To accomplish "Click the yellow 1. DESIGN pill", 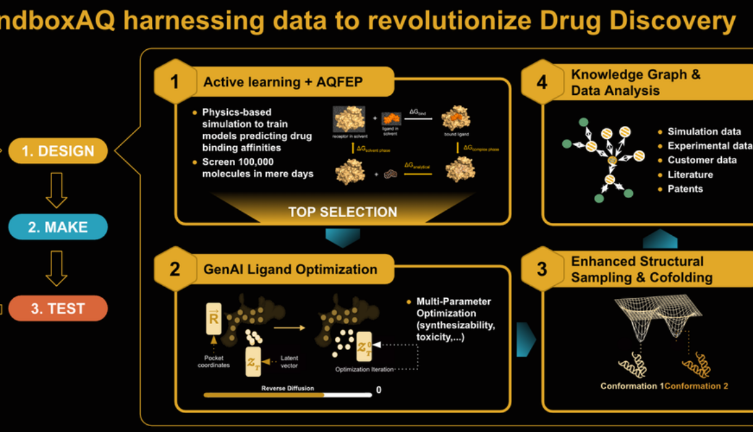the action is (x=58, y=151).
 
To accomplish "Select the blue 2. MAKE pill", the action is (x=58, y=227).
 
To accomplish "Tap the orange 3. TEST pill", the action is (x=58, y=308).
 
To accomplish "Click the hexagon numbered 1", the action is (x=174, y=82).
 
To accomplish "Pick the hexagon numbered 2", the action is (x=174, y=269).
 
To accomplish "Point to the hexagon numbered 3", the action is (x=542, y=269).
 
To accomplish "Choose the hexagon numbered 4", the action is (x=542, y=82).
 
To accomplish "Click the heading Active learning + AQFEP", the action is (x=282, y=82).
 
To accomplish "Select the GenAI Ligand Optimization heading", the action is (x=290, y=269).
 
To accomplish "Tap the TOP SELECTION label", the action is (x=342, y=212).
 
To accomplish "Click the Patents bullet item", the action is (x=685, y=189).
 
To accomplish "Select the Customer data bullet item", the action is (x=702, y=160).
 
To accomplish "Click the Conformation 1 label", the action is (x=632, y=386).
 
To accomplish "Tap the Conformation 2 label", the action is (x=696, y=386).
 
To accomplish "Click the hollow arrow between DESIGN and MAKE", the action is (x=56, y=190).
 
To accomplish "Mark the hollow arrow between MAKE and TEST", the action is (x=56, y=268).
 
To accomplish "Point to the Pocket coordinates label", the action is (x=214, y=362).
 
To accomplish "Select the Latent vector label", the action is (x=290, y=362).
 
